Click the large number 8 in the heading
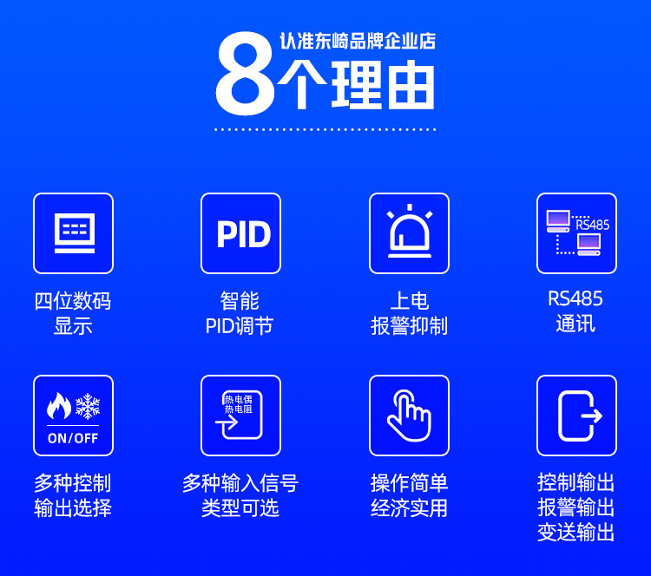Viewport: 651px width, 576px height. pos(245,74)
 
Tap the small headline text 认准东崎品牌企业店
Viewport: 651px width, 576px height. pos(358,41)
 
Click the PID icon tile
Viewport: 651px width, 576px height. pos(240,233)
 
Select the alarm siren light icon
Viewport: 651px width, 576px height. pos(410,231)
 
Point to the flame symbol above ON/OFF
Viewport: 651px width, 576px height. pos(58,406)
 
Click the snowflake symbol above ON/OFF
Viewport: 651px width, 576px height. pos(88,406)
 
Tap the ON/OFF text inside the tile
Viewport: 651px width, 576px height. pos(73,438)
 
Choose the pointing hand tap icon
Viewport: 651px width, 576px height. pos(409,416)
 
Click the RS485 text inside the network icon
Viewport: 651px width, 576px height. pos(593,225)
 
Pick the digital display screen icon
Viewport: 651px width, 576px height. pos(75,232)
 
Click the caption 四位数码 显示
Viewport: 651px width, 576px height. pos(73,313)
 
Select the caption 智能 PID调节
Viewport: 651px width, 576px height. pos(240,313)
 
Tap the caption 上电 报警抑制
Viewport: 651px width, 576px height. pos(410,313)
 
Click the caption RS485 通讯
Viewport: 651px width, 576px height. pos(575,311)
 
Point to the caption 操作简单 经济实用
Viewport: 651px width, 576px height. pos(410,495)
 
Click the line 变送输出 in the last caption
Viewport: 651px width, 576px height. pos(575,533)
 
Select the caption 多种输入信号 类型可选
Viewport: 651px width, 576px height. pos(240,495)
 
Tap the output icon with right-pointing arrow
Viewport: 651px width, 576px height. pos(580,416)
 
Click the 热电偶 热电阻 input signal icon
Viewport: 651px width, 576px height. pos(239,415)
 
